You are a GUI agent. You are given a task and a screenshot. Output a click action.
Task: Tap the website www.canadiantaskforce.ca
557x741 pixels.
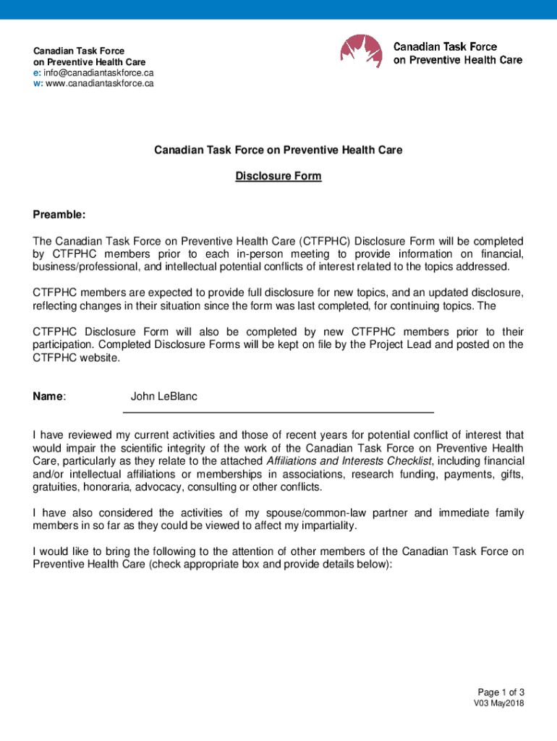click(x=100, y=83)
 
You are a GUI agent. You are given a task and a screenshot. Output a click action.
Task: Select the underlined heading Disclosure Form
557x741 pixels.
click(x=278, y=176)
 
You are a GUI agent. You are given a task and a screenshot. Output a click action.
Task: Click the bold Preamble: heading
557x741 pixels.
click(x=59, y=215)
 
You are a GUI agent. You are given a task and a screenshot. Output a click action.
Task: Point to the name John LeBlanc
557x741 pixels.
click(x=163, y=397)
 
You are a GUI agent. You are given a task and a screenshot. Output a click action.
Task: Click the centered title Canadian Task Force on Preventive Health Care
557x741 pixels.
click(x=278, y=150)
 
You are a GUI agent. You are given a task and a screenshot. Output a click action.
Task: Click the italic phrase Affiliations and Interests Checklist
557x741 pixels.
click(x=349, y=461)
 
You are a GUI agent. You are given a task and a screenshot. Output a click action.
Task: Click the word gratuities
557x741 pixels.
click(x=54, y=487)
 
